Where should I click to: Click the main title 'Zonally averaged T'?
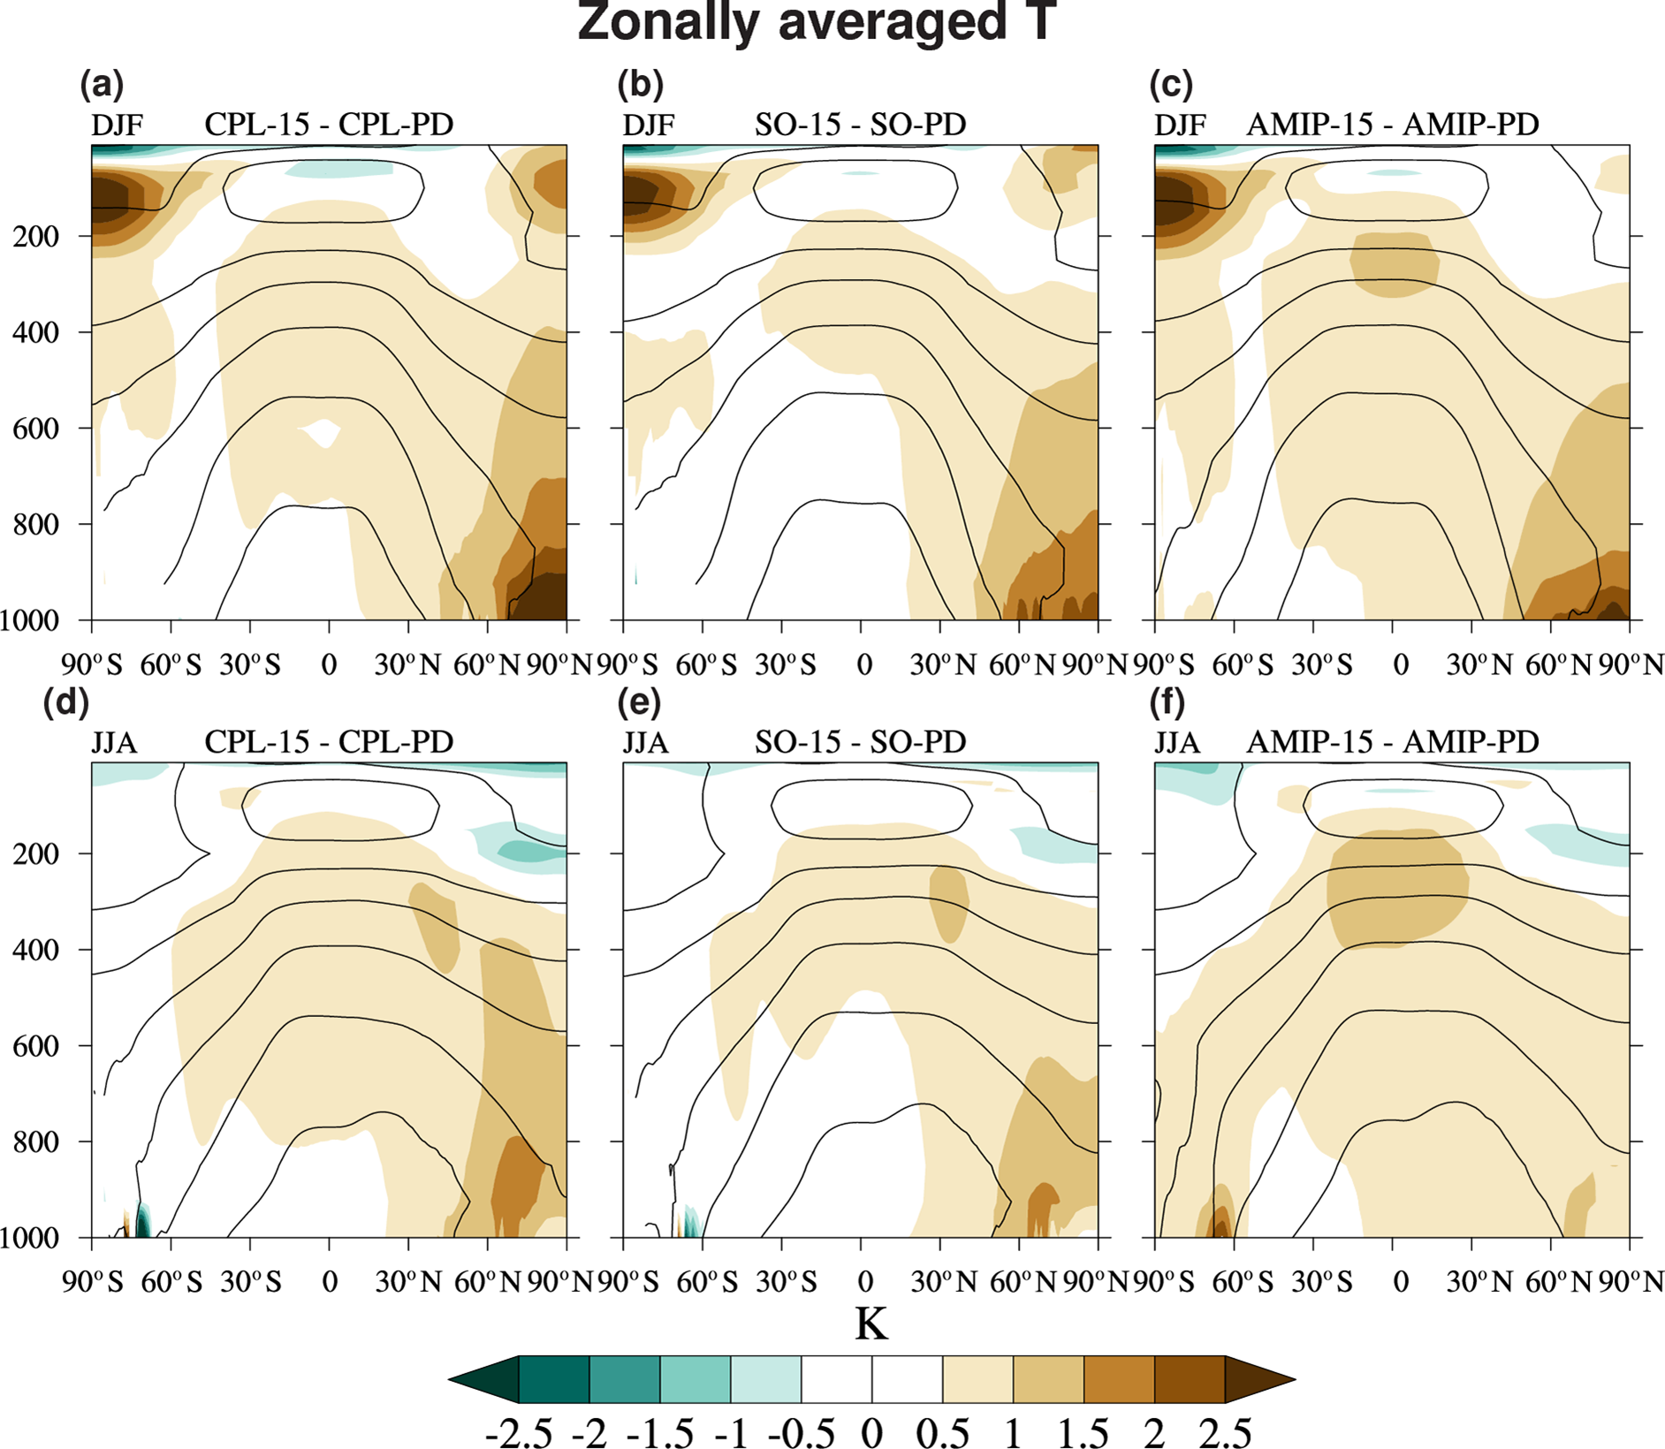click(x=817, y=23)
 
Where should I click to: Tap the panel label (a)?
click(x=102, y=85)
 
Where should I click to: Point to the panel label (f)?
click(x=1167, y=702)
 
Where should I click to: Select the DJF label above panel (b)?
click(x=649, y=125)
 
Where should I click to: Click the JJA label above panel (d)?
click(x=115, y=743)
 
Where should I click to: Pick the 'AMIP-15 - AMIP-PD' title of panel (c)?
click(x=1392, y=125)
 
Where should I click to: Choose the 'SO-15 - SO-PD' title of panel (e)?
click(x=860, y=743)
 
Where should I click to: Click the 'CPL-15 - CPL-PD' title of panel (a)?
click(x=329, y=125)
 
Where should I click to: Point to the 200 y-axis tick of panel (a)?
click(x=36, y=238)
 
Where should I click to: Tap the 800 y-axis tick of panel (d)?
click(x=36, y=1142)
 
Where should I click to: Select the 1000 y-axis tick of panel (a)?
click(x=29, y=621)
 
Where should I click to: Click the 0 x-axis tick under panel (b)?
click(x=864, y=664)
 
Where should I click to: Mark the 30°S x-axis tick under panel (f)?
click(x=1321, y=1282)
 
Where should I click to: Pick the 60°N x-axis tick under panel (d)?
click(x=487, y=1282)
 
